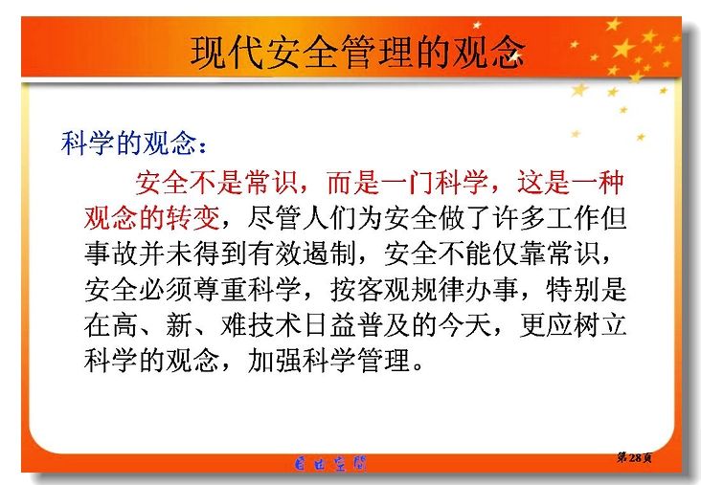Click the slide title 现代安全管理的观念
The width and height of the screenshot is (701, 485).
[x=357, y=53]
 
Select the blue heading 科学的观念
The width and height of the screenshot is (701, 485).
[x=128, y=143]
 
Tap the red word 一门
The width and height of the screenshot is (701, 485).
[x=408, y=182]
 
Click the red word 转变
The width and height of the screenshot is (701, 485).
[x=192, y=218]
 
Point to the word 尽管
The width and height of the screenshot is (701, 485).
[x=274, y=218]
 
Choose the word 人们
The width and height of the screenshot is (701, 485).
[x=328, y=218]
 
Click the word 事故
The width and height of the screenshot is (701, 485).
[x=111, y=254]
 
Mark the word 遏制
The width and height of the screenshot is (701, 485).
[x=329, y=254]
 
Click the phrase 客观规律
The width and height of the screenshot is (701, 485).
[x=385, y=290]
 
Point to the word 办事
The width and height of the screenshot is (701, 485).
[x=492, y=290]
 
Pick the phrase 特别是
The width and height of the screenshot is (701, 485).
[x=586, y=290]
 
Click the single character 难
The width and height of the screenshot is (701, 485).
[x=234, y=325]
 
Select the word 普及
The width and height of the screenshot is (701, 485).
[x=384, y=325]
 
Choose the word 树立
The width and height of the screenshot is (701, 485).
[x=599, y=325]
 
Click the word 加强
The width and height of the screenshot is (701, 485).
[x=274, y=360]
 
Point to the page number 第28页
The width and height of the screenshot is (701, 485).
[x=634, y=457]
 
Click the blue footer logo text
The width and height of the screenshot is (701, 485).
[x=330, y=464]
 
